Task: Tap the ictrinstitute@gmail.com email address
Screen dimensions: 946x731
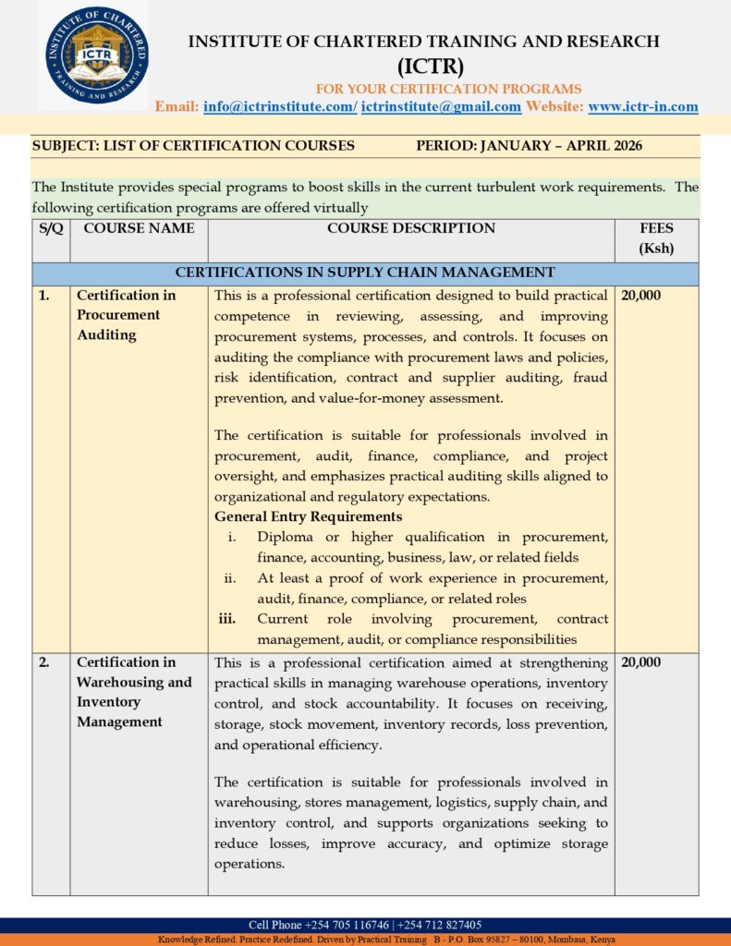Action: coord(441,106)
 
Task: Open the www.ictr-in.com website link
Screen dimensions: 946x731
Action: coord(643,106)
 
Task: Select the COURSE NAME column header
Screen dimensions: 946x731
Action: coord(139,228)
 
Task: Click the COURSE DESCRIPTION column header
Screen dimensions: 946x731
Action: coord(411,228)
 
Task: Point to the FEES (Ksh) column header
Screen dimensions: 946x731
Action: coord(656,238)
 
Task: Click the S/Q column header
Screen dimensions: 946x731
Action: coord(51,228)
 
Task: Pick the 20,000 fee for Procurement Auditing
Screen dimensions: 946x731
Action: coord(641,296)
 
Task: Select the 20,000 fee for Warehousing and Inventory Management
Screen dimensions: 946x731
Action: coord(641,662)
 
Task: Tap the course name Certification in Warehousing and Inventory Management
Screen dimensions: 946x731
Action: coord(134,692)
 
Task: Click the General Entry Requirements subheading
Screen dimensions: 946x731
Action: coord(308,516)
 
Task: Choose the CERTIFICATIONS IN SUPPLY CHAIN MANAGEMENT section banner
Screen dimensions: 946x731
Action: coord(365,273)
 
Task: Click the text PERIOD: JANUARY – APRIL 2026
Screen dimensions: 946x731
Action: coord(529,145)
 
